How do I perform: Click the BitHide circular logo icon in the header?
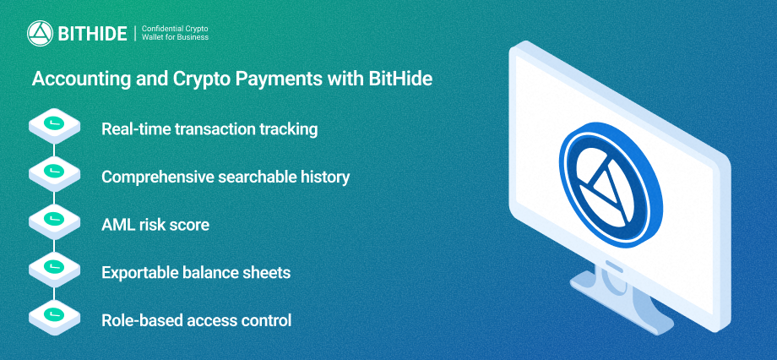pos(41,33)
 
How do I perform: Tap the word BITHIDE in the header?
pos(93,34)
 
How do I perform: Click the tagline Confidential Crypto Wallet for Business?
pos(175,33)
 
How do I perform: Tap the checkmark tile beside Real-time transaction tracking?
pos(54,126)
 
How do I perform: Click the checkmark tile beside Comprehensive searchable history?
pos(54,173)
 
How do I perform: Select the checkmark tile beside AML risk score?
pos(54,221)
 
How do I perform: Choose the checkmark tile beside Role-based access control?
pos(54,317)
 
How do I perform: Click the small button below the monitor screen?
pos(615,266)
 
